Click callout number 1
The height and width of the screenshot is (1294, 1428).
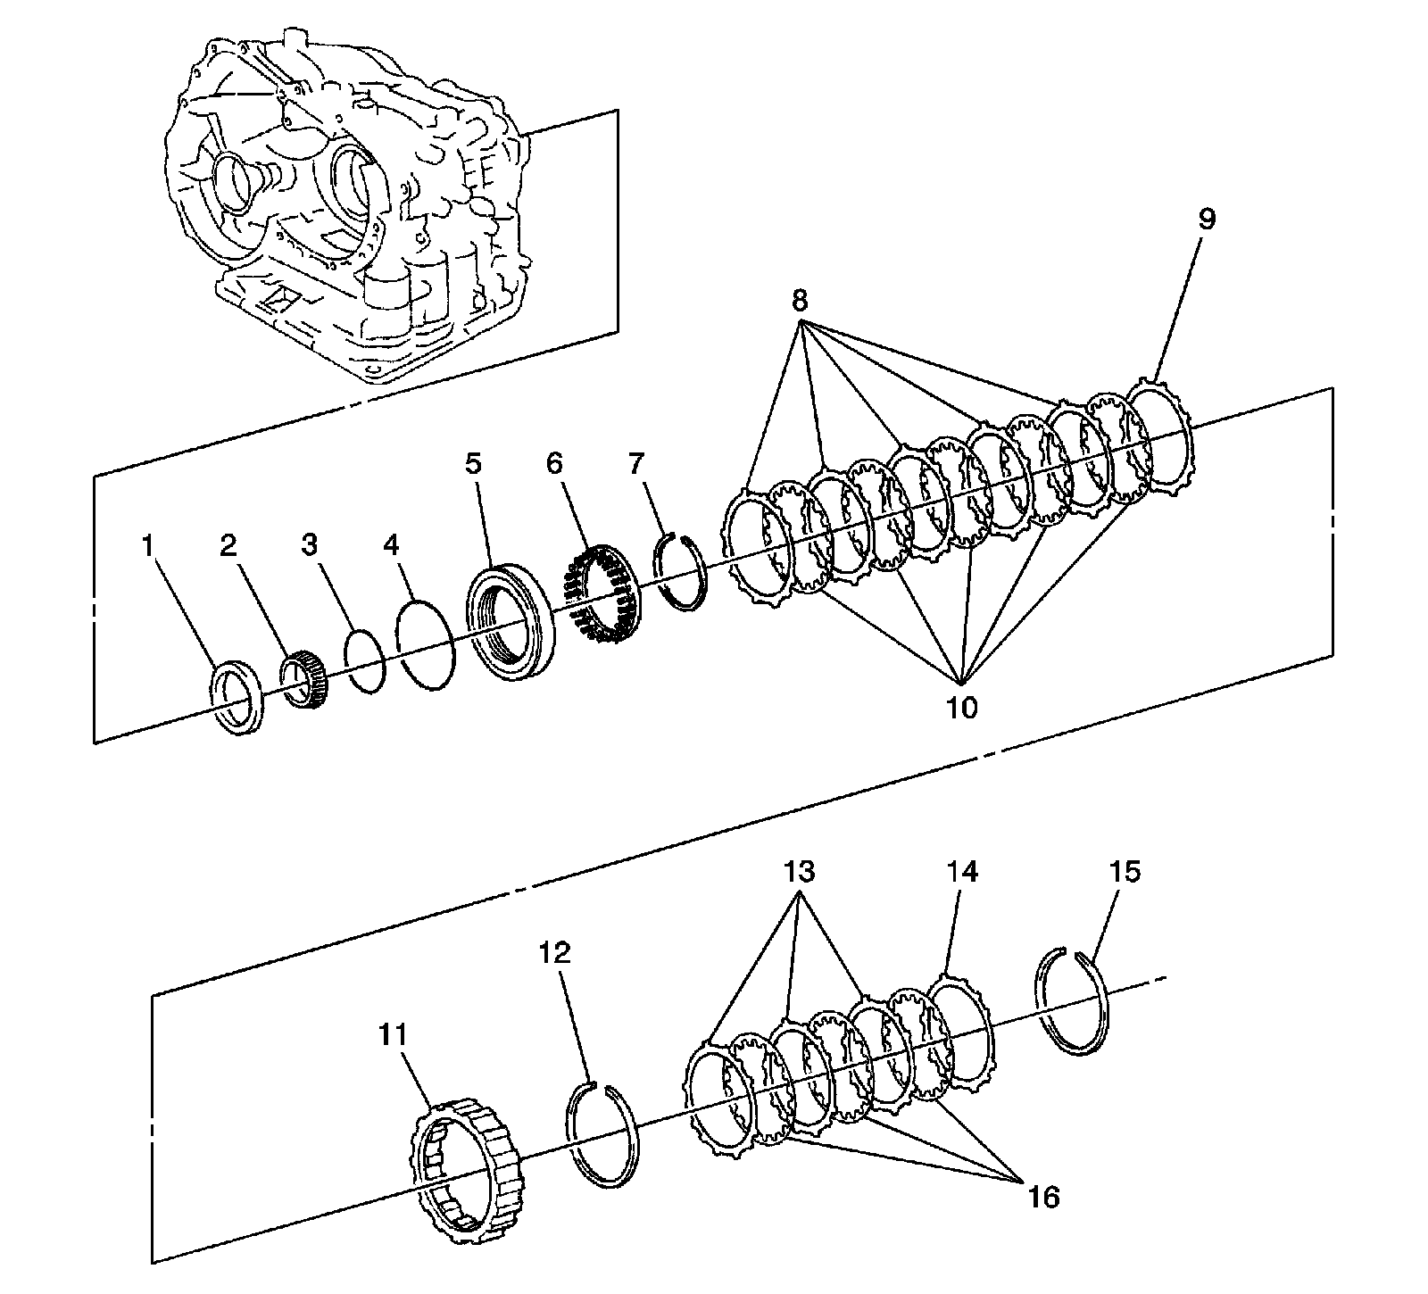[148, 545]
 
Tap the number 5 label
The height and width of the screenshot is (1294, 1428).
[472, 463]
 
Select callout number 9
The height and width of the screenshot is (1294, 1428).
[1206, 220]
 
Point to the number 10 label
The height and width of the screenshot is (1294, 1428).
[962, 708]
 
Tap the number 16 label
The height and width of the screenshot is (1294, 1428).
[1043, 1197]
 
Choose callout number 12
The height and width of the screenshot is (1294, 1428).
[555, 953]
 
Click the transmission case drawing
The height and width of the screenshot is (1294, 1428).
[348, 205]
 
